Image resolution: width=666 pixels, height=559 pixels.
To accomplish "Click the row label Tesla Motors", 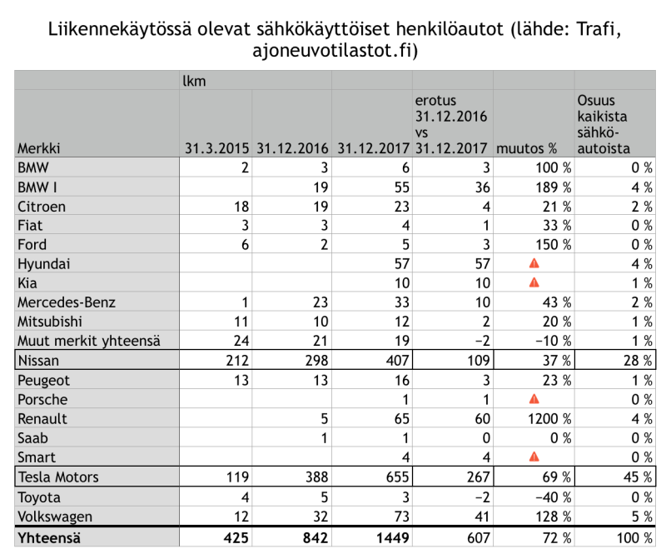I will pos(58,477).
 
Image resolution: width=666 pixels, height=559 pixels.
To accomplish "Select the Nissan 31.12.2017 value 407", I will pos(393,360).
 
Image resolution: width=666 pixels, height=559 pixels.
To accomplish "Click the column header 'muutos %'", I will pos(526,149).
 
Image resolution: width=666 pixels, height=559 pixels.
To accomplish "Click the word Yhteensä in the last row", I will pos(51,537).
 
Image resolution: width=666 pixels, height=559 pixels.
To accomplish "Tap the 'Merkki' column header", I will pos(39,149).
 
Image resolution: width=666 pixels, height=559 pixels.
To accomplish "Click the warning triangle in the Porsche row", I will pos(534,399).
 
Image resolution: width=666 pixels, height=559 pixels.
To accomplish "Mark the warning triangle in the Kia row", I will pos(534,282).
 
